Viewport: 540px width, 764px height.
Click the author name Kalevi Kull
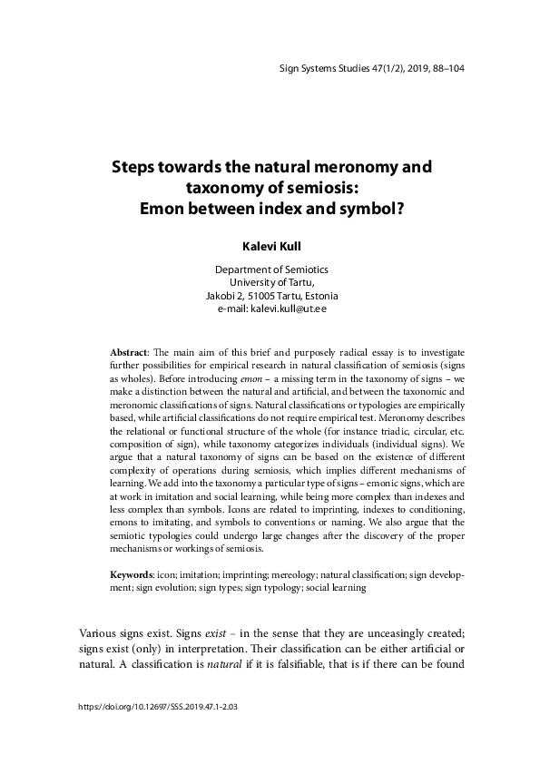(270, 245)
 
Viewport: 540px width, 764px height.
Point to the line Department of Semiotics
(270, 269)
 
